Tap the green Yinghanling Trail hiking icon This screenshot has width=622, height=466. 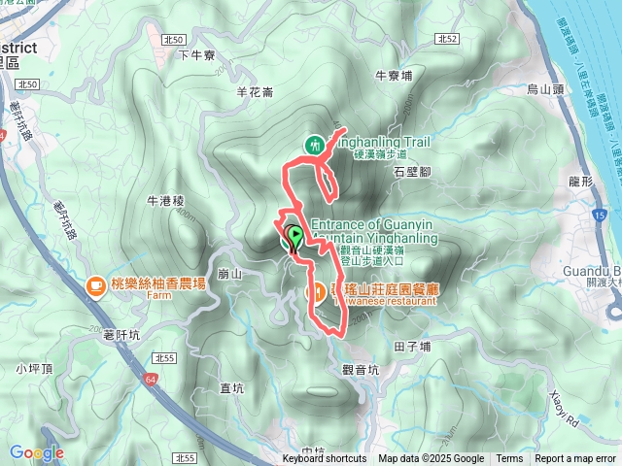314,145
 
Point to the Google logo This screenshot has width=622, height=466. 36,452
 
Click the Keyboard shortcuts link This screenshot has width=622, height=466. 325,459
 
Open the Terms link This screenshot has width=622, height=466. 509,459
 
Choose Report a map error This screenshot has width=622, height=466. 575,459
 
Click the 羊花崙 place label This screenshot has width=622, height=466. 256,92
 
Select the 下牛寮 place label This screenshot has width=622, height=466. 195,55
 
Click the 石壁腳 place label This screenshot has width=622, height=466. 412,171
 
